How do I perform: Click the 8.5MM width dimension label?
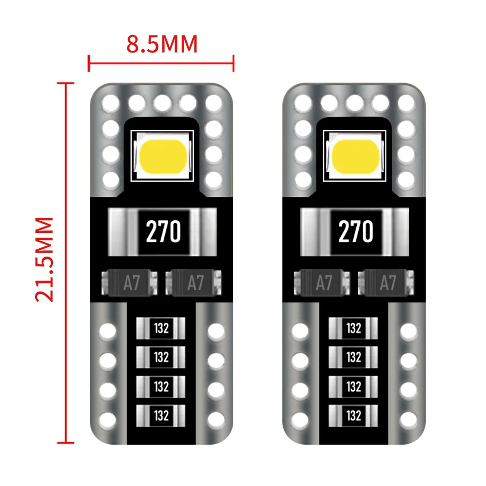pos(162,44)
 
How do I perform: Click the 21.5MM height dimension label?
pos(45,259)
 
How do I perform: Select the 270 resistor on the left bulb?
pos(162,231)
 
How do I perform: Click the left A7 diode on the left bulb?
pos(129,283)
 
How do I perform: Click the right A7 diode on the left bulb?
pos(195,283)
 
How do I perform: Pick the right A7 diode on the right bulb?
pos(387,283)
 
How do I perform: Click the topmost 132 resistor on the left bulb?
pos(161,328)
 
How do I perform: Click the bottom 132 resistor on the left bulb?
pos(161,416)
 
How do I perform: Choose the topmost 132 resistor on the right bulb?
pos(353,328)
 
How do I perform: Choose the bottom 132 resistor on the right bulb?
pos(353,416)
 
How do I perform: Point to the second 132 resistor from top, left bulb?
pos(161,357)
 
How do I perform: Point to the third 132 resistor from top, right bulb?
pos(353,386)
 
